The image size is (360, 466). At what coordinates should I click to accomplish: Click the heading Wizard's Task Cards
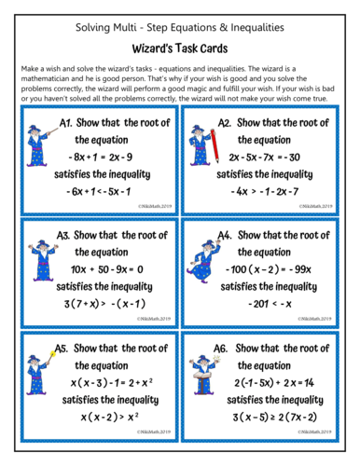pos(179,44)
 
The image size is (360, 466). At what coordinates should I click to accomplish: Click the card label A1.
pos(66,122)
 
